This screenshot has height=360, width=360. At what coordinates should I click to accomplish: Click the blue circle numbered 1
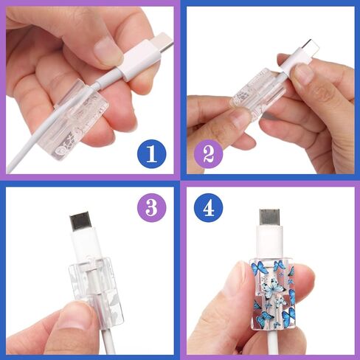[151, 154]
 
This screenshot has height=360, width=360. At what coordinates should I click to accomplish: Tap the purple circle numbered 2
[209, 154]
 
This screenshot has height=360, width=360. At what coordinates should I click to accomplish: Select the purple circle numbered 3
[151, 208]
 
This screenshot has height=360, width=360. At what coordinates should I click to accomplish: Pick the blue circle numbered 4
[209, 208]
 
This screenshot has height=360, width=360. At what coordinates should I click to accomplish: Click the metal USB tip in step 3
[80, 221]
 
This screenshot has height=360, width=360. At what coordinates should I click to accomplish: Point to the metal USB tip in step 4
[269, 218]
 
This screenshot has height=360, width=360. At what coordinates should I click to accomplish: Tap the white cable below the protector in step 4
[274, 342]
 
